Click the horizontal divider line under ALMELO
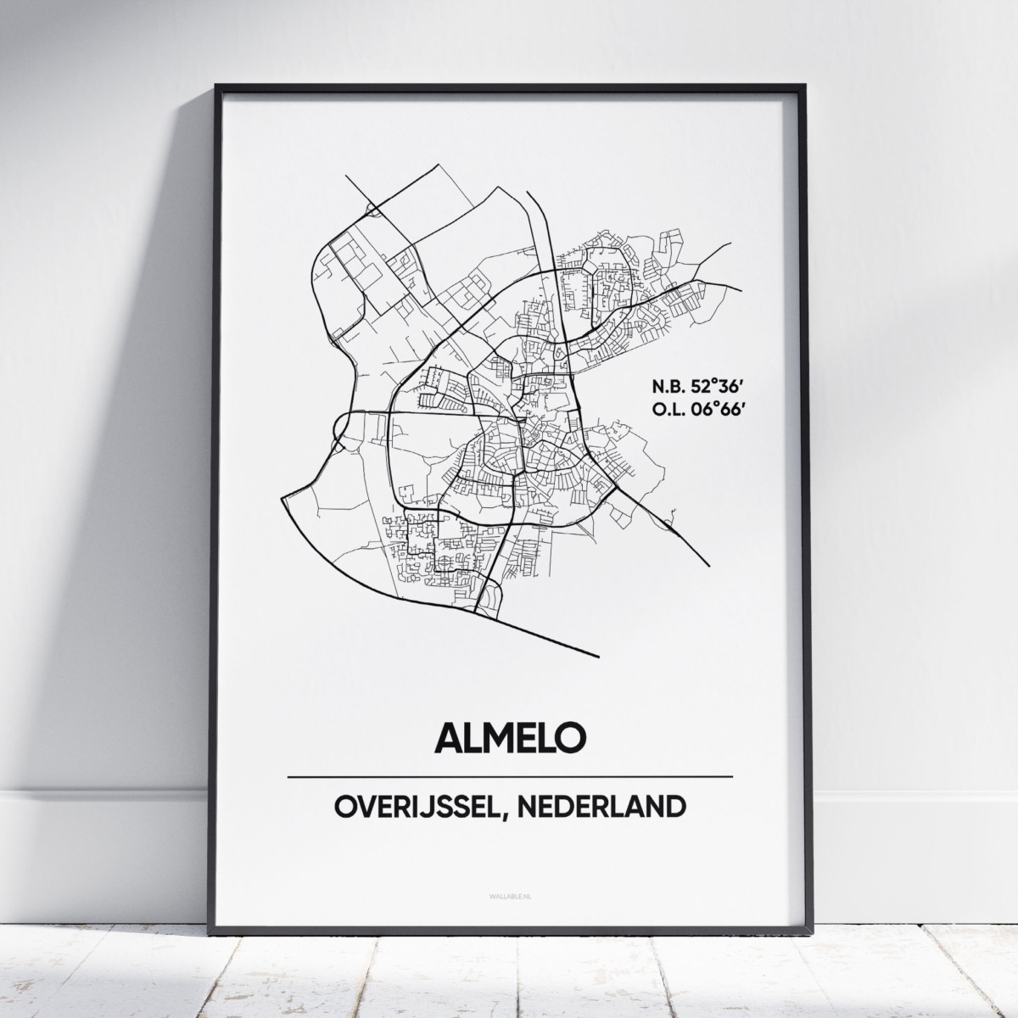pyautogui.click(x=509, y=776)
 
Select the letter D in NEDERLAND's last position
pyautogui.click(x=673, y=806)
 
